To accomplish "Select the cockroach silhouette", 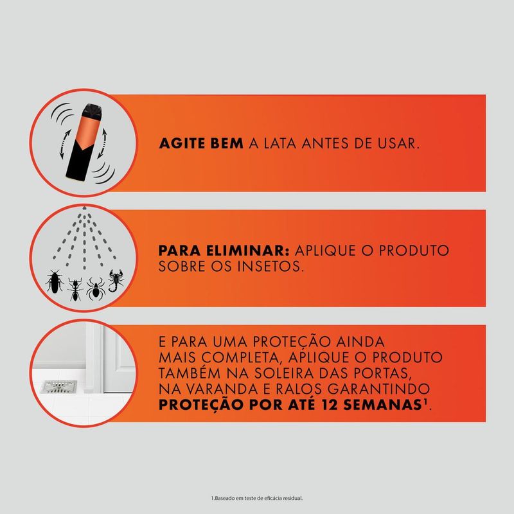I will (x=53, y=282).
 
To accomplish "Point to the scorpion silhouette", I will (x=118, y=280).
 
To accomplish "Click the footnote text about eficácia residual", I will (x=256, y=498).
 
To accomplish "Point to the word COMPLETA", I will (x=231, y=358).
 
